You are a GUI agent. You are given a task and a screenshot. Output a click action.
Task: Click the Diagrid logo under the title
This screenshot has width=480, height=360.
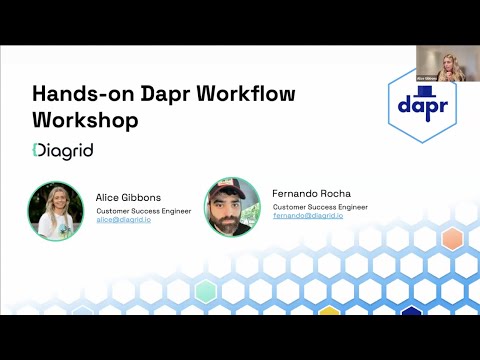coord(63,150)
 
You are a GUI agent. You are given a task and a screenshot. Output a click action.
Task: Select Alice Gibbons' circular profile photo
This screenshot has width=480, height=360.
coord(55,209)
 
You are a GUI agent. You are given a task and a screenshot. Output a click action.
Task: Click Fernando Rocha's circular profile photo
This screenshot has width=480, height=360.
coord(233,206)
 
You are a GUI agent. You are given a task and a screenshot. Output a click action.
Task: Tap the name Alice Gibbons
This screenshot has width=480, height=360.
coord(129,198)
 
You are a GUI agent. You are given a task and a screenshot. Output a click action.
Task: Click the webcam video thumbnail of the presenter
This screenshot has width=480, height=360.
coord(440,63)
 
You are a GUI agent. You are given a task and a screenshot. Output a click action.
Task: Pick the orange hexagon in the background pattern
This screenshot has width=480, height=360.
coord(452,239)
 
